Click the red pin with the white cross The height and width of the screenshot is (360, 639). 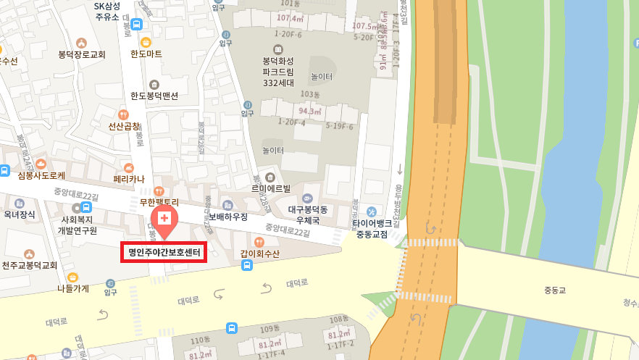pyautogui.click(x=164, y=219)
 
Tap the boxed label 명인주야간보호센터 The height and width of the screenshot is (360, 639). pyautogui.click(x=164, y=253)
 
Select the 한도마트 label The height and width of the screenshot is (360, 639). pyautogui.click(x=146, y=54)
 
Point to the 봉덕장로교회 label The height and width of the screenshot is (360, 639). pyautogui.click(x=82, y=54)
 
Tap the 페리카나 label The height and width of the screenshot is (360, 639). pyautogui.click(x=130, y=179)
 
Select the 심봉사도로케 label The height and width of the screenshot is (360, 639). pyautogui.click(x=41, y=175)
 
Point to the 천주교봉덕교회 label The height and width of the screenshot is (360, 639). pyautogui.click(x=29, y=265)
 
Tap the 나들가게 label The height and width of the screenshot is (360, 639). pyautogui.click(x=72, y=288)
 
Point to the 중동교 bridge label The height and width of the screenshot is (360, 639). pyautogui.click(x=558, y=291)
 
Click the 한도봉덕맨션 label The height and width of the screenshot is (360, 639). pyautogui.click(x=154, y=95)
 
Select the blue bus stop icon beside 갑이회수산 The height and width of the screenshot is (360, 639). pyautogui.click(x=247, y=265)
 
